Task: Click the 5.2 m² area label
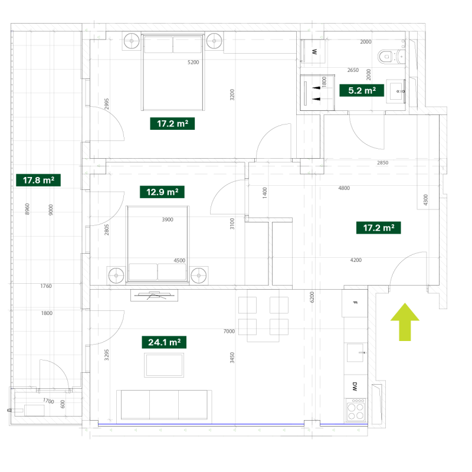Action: tap(362, 90)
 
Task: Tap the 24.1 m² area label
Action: tap(164, 342)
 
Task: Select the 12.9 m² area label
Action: tap(162, 192)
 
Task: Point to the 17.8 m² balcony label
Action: tap(38, 181)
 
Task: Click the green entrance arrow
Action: tap(405, 322)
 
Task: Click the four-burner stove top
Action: tap(356, 409)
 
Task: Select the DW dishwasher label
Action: tap(355, 386)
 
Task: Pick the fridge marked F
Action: tap(355, 303)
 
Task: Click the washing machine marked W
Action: tap(313, 51)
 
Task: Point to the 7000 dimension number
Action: tap(229, 332)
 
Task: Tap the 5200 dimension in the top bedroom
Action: tap(194, 63)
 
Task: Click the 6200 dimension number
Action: tap(312, 297)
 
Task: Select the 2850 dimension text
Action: tap(382, 163)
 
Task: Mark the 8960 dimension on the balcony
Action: tap(27, 209)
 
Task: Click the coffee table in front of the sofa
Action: tap(164, 365)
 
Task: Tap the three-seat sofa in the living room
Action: tap(164, 405)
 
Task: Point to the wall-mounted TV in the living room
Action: tap(154, 296)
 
